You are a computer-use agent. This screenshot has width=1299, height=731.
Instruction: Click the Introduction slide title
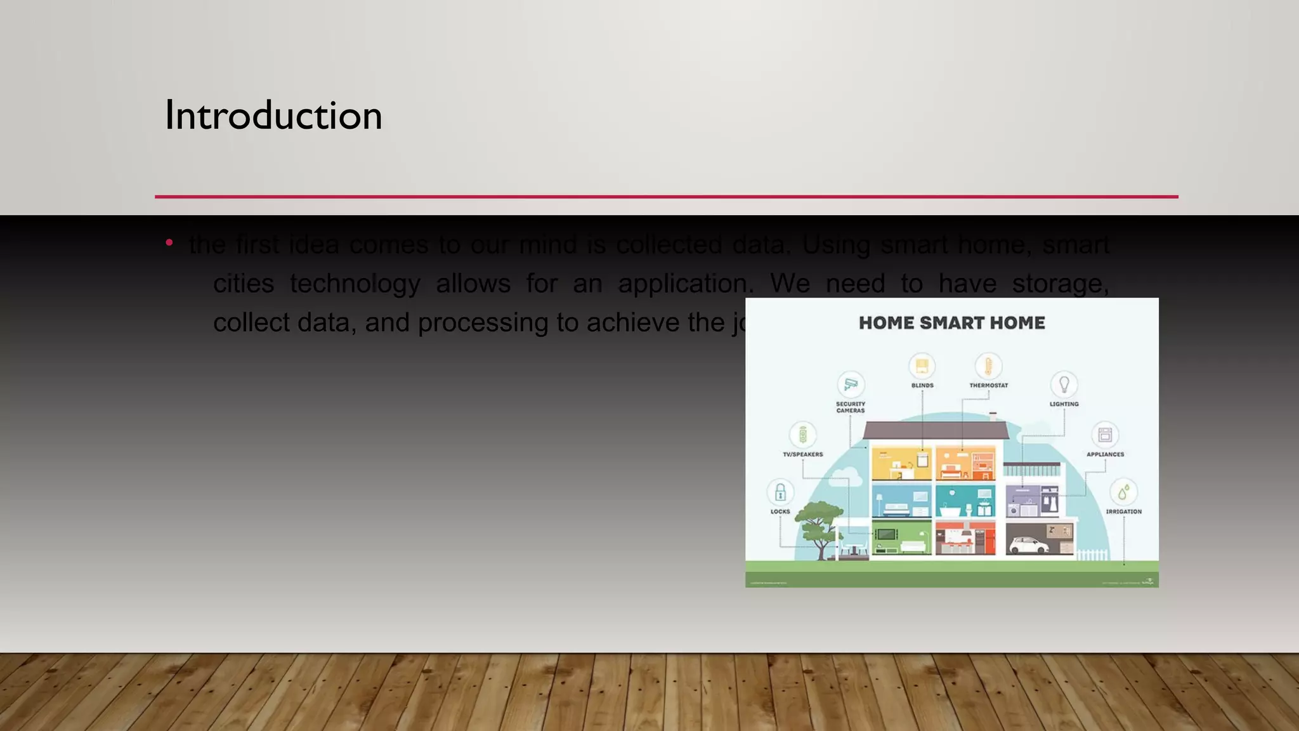(x=273, y=115)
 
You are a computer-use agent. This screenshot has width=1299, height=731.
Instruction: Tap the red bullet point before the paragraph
(x=169, y=242)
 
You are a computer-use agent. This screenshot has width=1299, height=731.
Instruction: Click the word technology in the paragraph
(x=355, y=284)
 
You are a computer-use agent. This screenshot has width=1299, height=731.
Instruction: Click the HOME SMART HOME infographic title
(x=951, y=323)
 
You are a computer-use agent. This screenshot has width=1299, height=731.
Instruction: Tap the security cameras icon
(x=851, y=384)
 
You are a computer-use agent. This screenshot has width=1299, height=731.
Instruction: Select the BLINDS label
(x=922, y=385)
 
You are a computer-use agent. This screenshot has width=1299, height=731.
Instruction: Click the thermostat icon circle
(x=988, y=366)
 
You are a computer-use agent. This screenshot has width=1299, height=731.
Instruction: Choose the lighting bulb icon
(x=1064, y=384)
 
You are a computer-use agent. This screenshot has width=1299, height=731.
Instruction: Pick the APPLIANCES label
(x=1105, y=454)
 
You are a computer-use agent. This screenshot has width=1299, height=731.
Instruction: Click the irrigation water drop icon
(x=1123, y=492)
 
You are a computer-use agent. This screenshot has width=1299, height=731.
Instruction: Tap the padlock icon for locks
(x=780, y=492)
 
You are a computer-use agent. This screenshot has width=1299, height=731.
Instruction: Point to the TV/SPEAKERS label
(x=802, y=454)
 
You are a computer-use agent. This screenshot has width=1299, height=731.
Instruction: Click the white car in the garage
(x=1028, y=545)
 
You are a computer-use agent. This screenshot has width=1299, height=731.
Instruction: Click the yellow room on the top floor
(x=901, y=463)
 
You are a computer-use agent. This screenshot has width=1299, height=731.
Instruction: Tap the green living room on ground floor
(x=901, y=538)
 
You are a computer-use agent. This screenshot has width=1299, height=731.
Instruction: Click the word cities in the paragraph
(x=244, y=284)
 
